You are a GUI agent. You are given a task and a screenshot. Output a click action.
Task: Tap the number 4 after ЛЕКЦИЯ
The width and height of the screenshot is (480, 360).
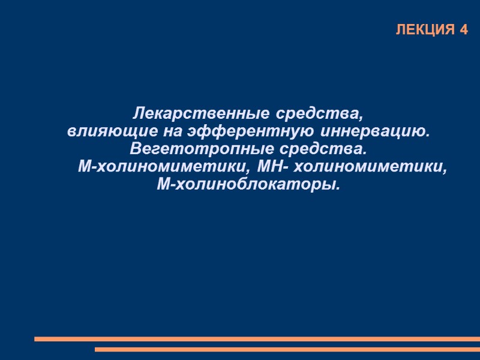coord(463,30)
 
